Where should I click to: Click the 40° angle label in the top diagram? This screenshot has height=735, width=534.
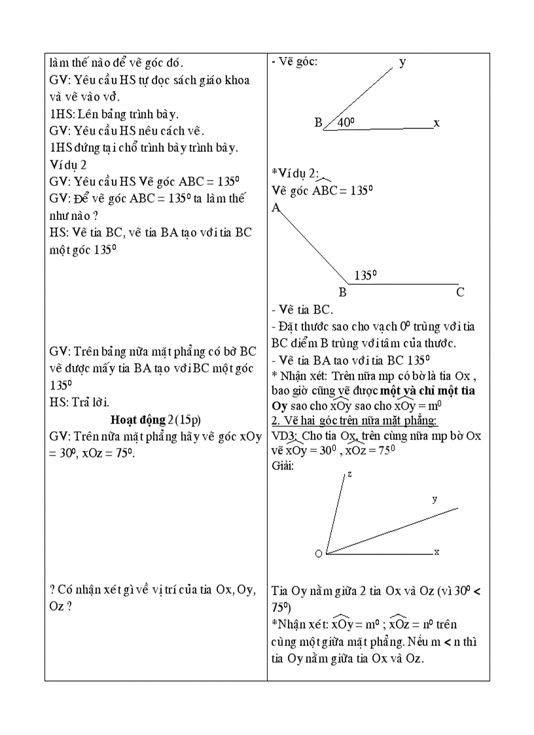(346, 122)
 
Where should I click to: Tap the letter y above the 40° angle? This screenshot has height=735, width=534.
(402, 62)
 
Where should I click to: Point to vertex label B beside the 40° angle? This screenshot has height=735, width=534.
(319, 122)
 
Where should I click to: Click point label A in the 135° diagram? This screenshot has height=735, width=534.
(276, 207)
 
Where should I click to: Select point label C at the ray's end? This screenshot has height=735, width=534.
(460, 293)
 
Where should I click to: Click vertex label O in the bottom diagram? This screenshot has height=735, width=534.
(319, 554)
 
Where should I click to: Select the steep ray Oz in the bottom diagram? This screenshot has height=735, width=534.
(335, 514)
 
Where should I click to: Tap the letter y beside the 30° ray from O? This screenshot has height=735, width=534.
(435, 499)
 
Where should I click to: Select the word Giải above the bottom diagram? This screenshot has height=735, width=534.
(283, 465)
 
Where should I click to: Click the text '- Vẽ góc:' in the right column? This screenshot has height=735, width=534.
(294, 62)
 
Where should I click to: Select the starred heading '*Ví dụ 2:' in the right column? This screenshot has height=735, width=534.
(296, 173)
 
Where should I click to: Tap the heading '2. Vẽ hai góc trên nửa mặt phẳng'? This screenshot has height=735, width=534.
(355, 420)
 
